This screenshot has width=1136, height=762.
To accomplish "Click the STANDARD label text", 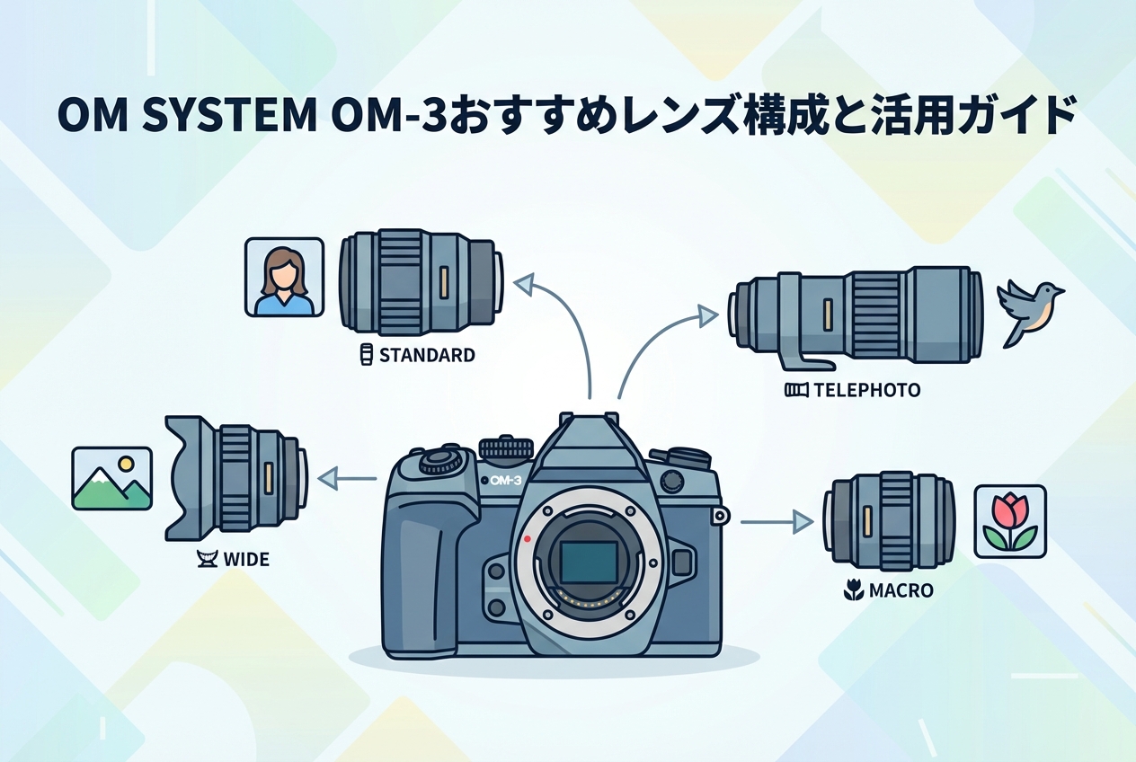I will (427, 355).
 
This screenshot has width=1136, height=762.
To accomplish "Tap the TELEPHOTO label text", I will (866, 390).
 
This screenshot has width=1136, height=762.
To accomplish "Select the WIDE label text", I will (246, 560).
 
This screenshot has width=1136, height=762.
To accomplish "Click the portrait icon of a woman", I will (284, 277).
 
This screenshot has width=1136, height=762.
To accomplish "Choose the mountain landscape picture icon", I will (111, 478).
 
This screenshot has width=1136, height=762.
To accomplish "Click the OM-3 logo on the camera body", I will (505, 481).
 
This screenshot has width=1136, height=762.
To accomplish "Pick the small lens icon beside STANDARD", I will (365, 355).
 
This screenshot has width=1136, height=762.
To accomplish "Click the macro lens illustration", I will (890, 521).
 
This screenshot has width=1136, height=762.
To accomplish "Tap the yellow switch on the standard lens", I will (445, 283).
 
